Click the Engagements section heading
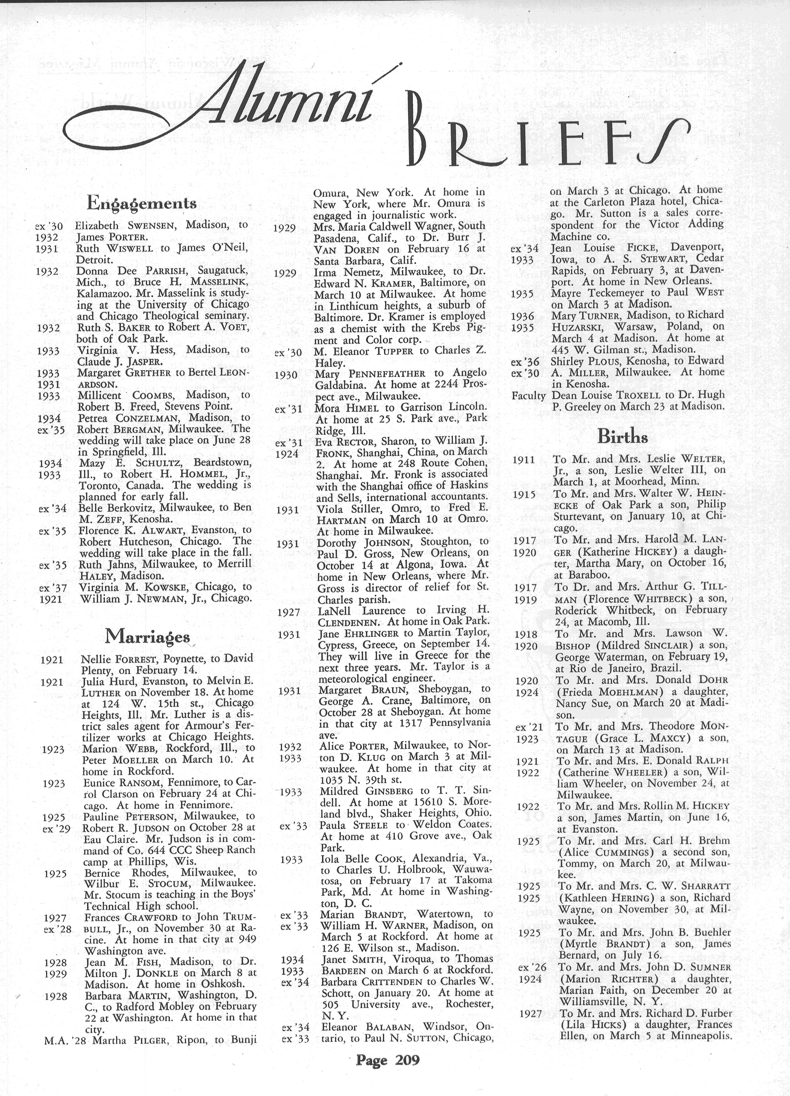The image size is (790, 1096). pyautogui.click(x=141, y=203)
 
